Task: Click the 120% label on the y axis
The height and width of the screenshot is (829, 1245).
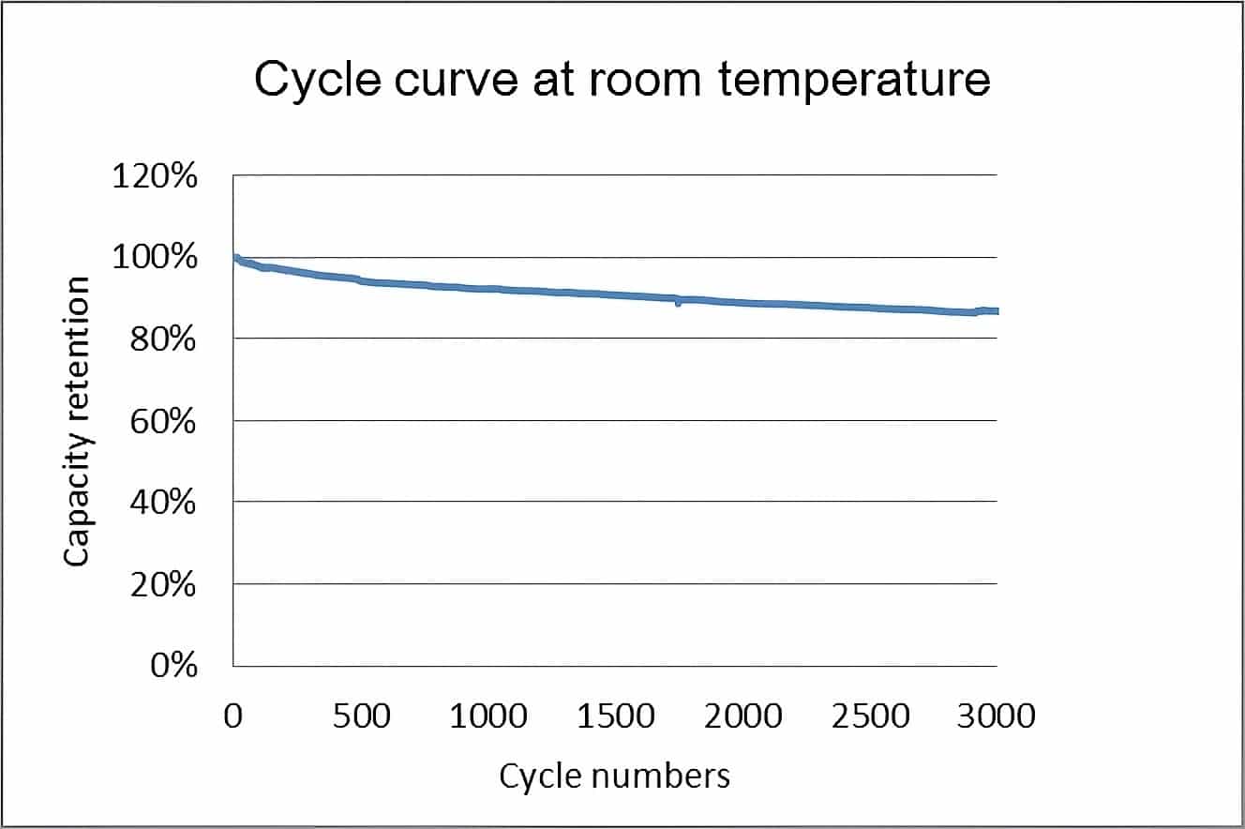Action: (x=155, y=175)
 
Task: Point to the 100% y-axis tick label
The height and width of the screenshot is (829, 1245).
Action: (x=155, y=257)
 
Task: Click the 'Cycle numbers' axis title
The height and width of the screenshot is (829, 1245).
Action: (x=614, y=776)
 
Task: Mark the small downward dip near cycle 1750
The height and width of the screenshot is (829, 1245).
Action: (x=678, y=303)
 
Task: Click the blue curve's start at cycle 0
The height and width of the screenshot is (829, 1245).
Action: (x=235, y=258)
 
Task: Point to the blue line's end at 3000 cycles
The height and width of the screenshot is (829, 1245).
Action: (x=996, y=310)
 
